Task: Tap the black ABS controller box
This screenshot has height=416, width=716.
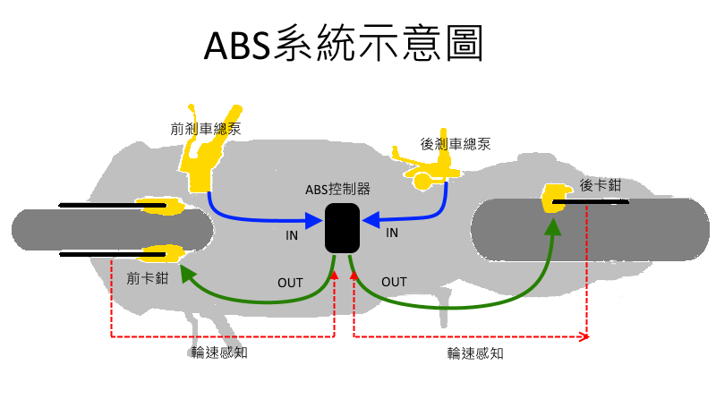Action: [x=342, y=227]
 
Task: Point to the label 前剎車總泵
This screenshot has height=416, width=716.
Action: [x=205, y=129]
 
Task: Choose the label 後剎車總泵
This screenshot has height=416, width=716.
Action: [x=456, y=143]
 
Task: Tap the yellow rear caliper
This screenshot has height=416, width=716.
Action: [x=556, y=198]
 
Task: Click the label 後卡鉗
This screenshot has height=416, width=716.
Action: [x=600, y=186]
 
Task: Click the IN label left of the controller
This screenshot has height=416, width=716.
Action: [x=292, y=235]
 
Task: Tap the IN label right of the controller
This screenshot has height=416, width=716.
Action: [x=391, y=233]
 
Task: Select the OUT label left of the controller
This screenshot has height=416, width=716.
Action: [x=290, y=283]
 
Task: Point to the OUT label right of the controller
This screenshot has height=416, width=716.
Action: [x=394, y=282]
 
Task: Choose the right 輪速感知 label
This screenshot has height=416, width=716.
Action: [x=475, y=353]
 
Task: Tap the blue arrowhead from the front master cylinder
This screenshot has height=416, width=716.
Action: [x=314, y=218]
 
